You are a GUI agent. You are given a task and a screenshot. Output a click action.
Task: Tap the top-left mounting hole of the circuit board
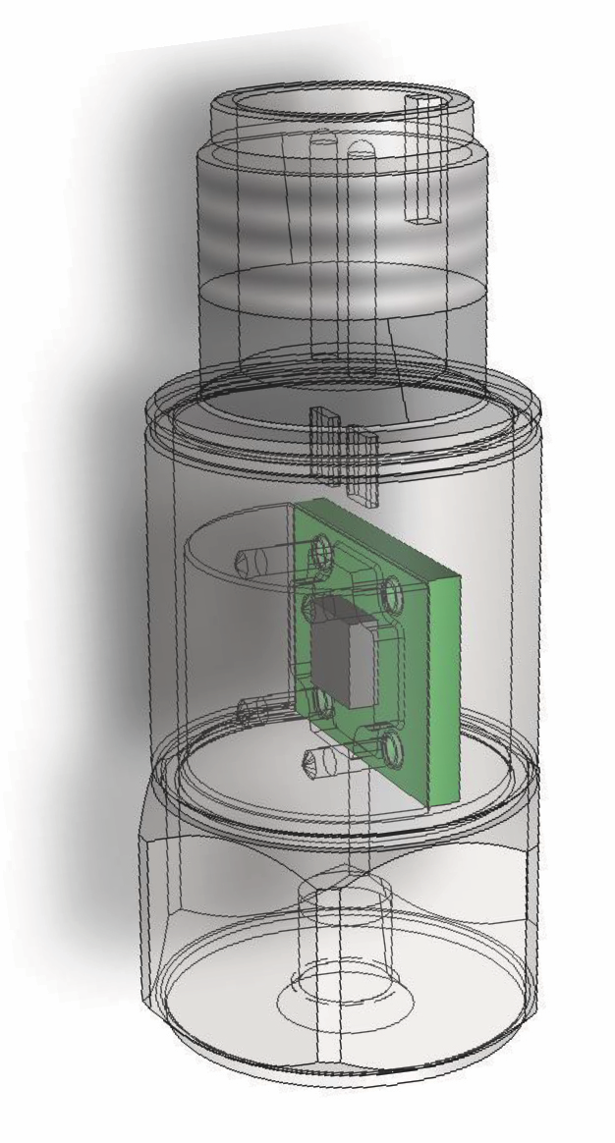coord(319,557)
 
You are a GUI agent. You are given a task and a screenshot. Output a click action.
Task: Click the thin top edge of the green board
coord(383,535)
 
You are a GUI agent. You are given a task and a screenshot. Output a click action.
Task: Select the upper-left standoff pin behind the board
coord(253,561)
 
